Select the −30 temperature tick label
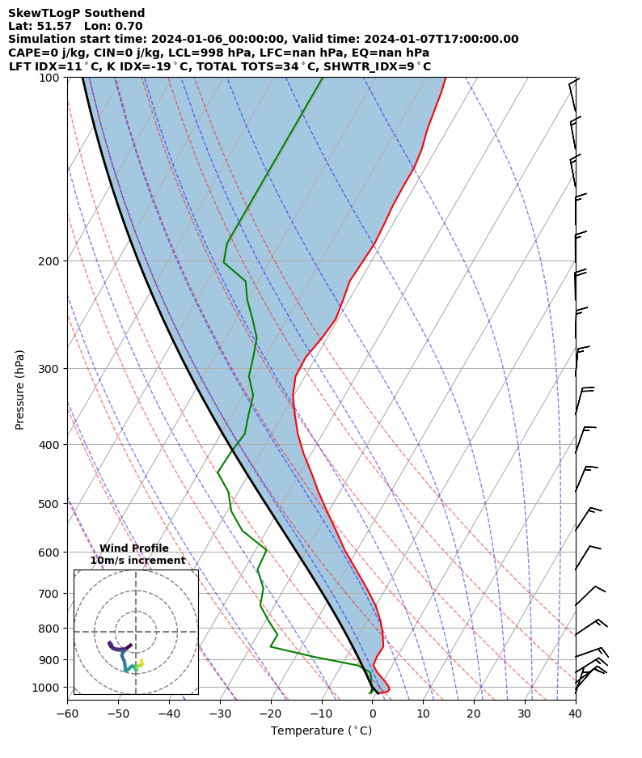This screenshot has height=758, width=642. (219, 714)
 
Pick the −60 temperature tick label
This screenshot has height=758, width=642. (67, 714)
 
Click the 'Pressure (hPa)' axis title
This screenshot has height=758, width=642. (20, 389)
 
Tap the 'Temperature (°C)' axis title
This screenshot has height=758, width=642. (321, 731)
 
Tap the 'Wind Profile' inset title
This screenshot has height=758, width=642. (134, 548)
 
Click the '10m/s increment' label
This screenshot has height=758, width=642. (137, 561)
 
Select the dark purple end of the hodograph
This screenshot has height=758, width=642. (109, 642)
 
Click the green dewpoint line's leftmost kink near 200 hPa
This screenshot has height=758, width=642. (224, 262)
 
